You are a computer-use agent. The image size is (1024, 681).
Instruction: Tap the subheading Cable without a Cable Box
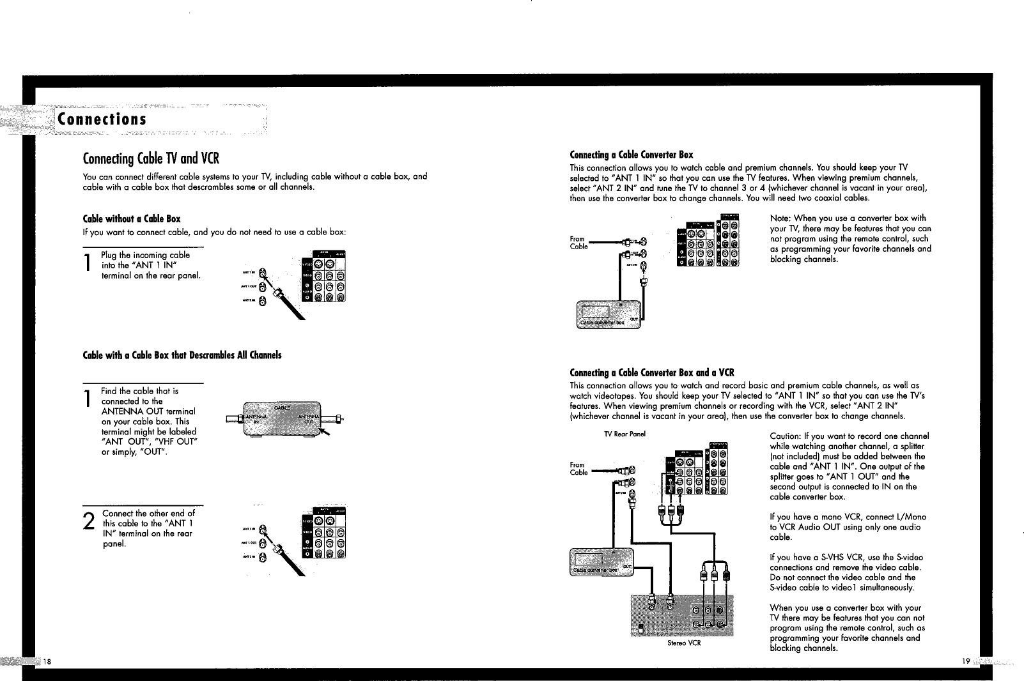132,219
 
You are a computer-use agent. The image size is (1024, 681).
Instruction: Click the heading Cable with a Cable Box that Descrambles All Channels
182,355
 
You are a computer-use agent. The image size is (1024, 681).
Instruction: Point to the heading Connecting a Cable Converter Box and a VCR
652,372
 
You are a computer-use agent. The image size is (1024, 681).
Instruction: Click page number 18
48,661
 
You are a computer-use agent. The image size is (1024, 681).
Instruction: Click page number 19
965,661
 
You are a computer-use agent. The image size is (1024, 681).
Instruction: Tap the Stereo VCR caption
684,643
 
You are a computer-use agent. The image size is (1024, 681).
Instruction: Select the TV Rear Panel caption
624,434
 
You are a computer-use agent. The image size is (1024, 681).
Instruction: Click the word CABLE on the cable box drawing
282,407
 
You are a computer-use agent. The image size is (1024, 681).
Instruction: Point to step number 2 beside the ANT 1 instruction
89,522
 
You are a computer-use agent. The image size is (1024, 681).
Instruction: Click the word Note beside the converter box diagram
781,218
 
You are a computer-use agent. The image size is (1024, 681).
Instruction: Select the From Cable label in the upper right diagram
578,243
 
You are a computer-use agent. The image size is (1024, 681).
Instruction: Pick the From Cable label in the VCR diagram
578,469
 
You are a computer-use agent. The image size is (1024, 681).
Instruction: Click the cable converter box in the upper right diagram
607,314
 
